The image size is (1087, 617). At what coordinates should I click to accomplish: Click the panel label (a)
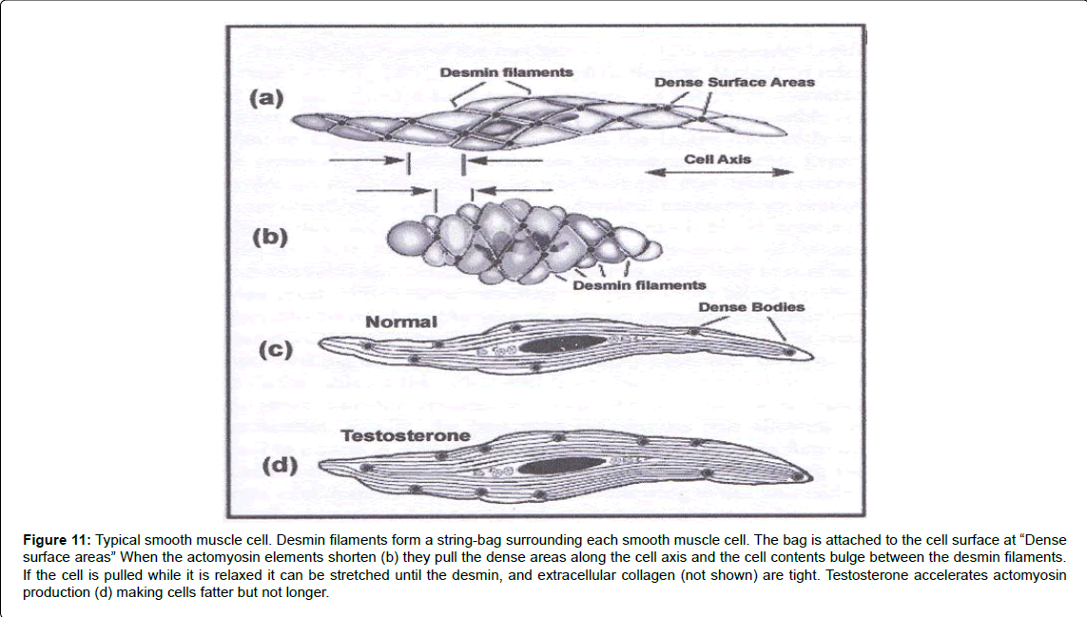tap(265, 97)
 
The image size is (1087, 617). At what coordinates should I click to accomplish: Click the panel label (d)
tap(278, 466)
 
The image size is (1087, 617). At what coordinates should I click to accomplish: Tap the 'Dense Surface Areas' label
tap(733, 83)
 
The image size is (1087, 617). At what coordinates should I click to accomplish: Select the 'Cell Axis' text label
tap(717, 160)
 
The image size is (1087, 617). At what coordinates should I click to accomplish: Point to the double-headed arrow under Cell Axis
tap(718, 172)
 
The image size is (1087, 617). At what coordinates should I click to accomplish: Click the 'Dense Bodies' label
tap(750, 306)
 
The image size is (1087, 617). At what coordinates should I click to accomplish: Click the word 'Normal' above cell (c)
tap(401, 322)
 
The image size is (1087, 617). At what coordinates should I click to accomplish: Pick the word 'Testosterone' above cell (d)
tap(404, 436)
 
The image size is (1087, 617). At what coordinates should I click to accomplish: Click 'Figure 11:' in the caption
tap(57, 539)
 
